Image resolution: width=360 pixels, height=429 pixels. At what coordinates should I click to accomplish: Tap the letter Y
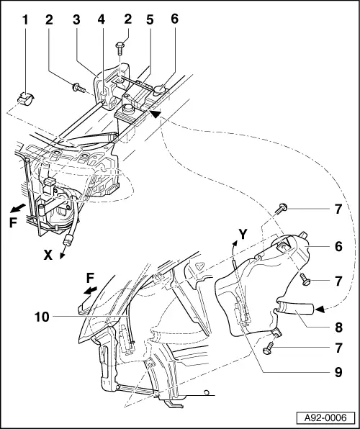click(243, 234)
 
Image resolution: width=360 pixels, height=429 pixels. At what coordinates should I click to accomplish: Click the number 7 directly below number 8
click(338, 347)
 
